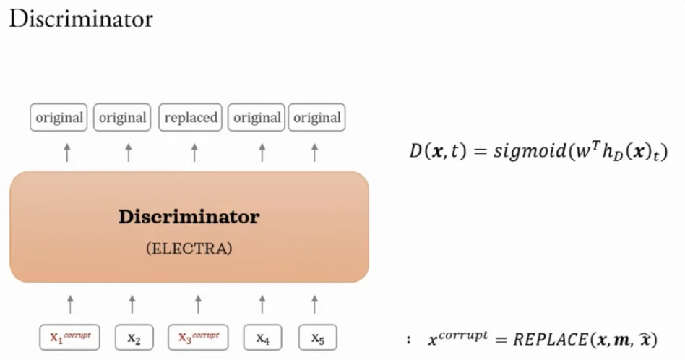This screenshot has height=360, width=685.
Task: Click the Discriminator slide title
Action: [81, 20]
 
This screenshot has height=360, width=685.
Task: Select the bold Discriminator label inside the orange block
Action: [189, 217]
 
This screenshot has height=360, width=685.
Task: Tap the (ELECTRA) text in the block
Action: [189, 249]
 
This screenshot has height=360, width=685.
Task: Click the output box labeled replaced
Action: [191, 118]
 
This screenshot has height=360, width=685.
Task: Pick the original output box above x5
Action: [316, 118]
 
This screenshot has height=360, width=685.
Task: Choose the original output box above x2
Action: [123, 118]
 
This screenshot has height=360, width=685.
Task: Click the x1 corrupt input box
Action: [69, 337]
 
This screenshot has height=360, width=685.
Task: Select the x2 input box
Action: [132, 338]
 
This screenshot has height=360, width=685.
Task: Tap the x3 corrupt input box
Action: [197, 337]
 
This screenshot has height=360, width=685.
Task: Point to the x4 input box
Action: [262, 338]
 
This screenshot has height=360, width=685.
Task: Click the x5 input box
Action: [316, 338]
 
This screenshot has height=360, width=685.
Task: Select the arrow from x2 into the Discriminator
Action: [132, 304]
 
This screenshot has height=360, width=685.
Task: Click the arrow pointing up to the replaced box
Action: [194, 152]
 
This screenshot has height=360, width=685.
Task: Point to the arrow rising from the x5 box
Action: [314, 304]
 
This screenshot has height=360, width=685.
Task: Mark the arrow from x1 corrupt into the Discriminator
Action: [70, 304]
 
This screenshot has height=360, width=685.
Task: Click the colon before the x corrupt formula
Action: [409, 339]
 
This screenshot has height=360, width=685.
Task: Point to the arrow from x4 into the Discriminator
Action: [262, 304]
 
